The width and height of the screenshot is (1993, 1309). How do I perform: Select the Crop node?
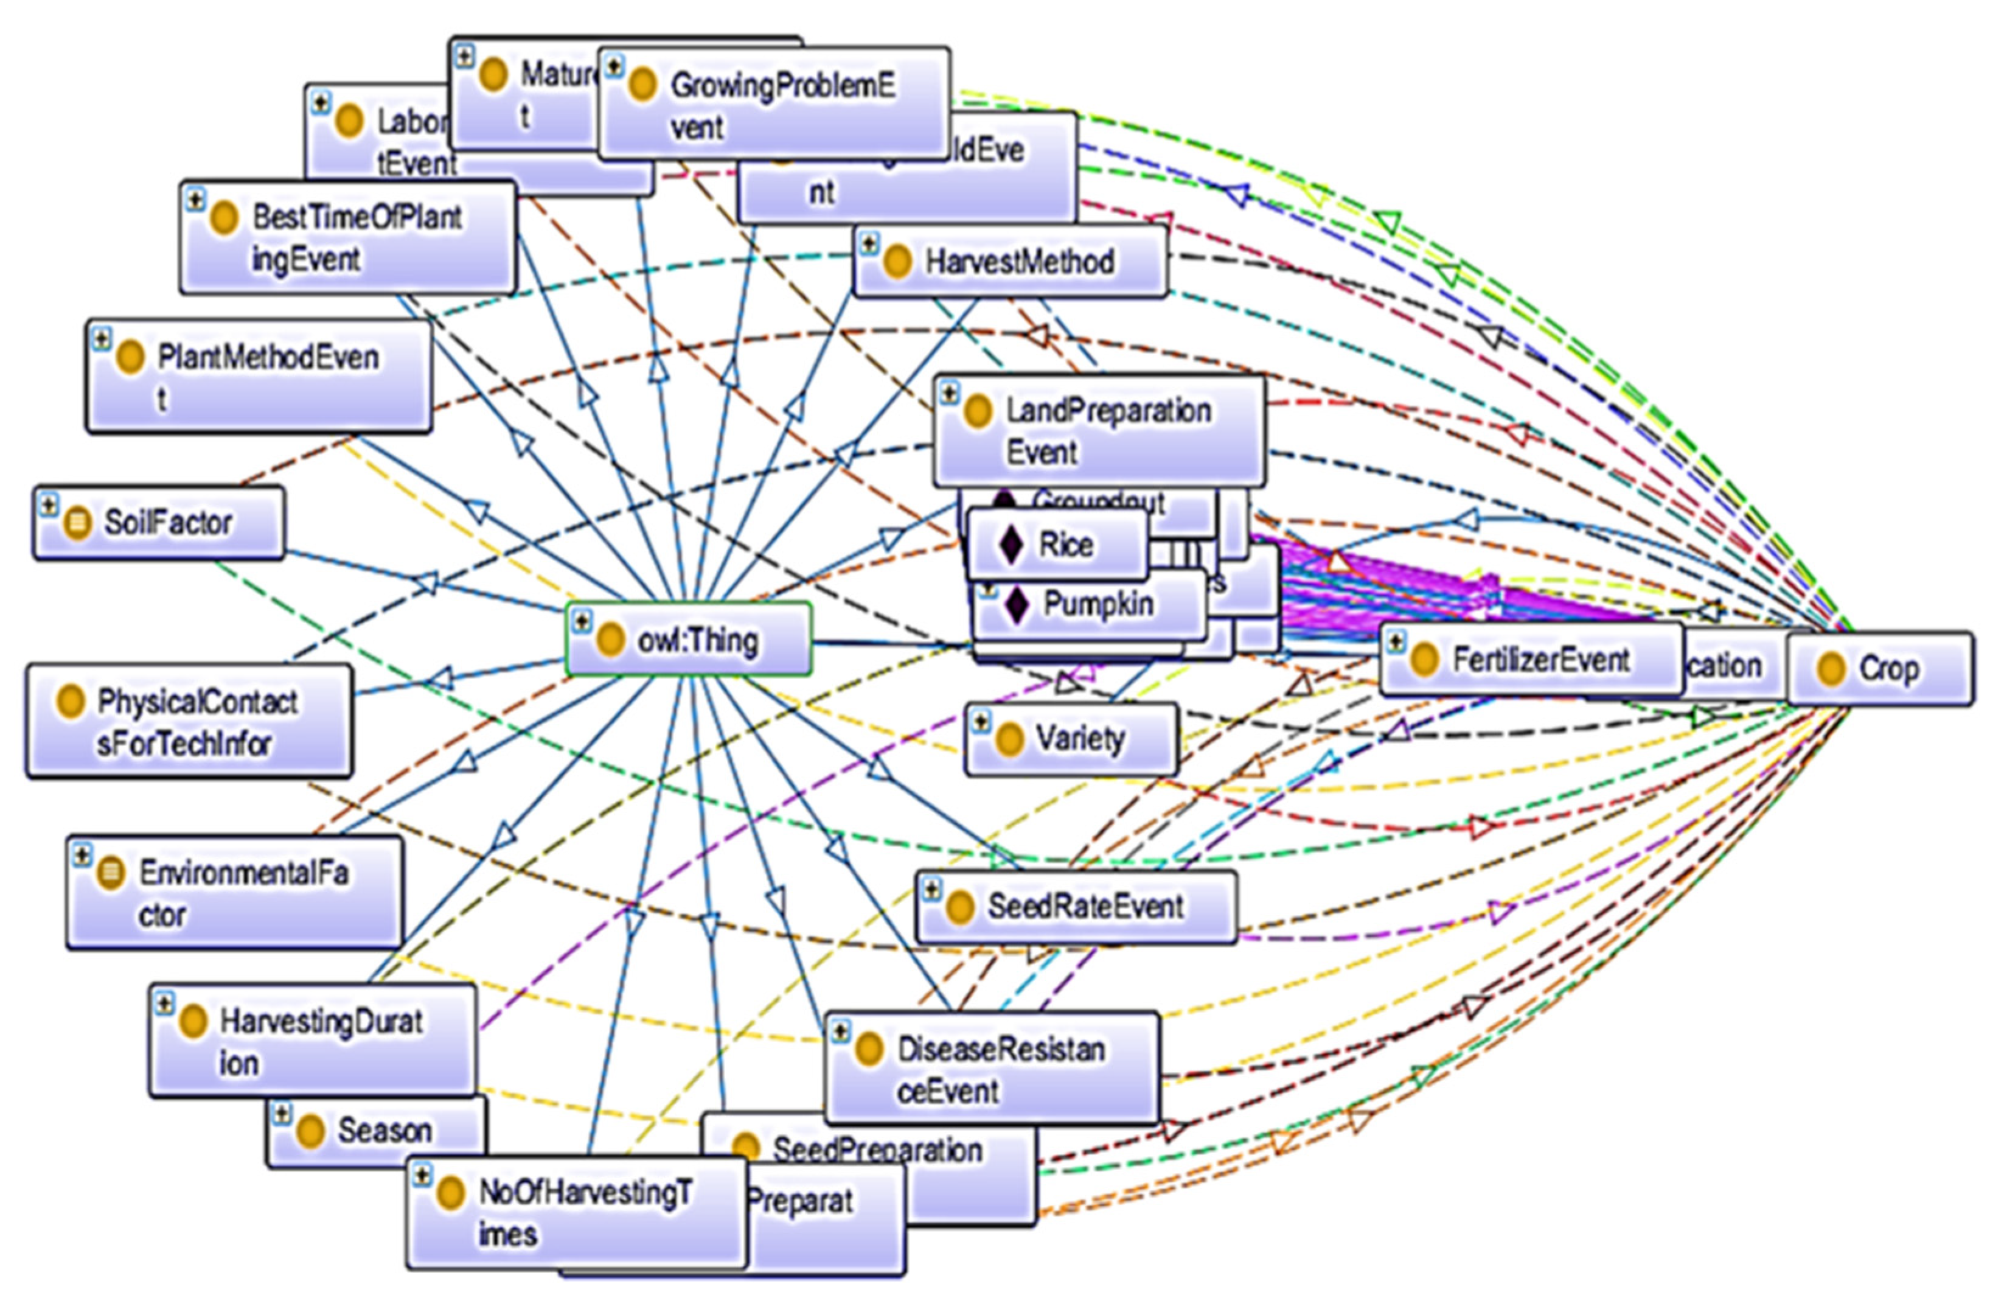click(1879, 668)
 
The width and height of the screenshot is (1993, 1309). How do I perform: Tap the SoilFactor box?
click(159, 523)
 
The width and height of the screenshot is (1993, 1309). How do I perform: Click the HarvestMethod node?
click(1010, 261)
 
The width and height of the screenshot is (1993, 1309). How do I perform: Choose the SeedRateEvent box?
click(1076, 906)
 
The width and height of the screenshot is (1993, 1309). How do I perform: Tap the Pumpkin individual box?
click(1088, 604)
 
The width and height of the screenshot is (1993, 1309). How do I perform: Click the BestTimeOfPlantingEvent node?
click(347, 237)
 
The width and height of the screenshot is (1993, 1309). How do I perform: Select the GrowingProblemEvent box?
click(774, 104)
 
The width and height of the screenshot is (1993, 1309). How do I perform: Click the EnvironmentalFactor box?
click(234, 892)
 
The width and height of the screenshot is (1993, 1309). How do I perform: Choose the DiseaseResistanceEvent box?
click(992, 1069)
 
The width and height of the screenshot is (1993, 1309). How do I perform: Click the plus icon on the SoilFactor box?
click(49, 505)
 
